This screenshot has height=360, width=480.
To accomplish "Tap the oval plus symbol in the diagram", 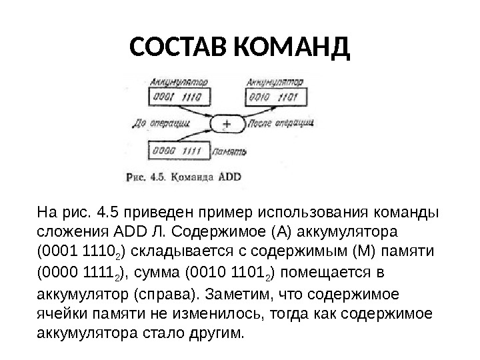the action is [x=227, y=124].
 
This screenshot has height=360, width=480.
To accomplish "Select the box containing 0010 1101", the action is [x=275, y=98].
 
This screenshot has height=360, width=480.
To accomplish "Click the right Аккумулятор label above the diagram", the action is [x=275, y=82].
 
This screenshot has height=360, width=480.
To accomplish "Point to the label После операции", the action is [x=280, y=124].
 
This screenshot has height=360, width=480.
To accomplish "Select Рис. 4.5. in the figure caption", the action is [x=146, y=177].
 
